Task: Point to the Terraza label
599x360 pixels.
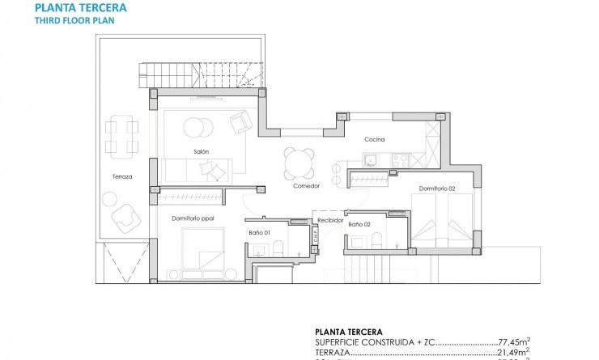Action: pyautogui.click(x=122, y=176)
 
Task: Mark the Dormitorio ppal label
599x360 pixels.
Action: pyautogui.click(x=192, y=218)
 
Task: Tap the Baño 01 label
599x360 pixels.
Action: pyautogui.click(x=259, y=234)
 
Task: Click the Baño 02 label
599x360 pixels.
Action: pyautogui.click(x=359, y=223)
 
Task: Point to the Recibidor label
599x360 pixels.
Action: pyautogui.click(x=330, y=219)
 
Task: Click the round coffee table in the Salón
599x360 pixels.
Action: pyautogui.click(x=194, y=128)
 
